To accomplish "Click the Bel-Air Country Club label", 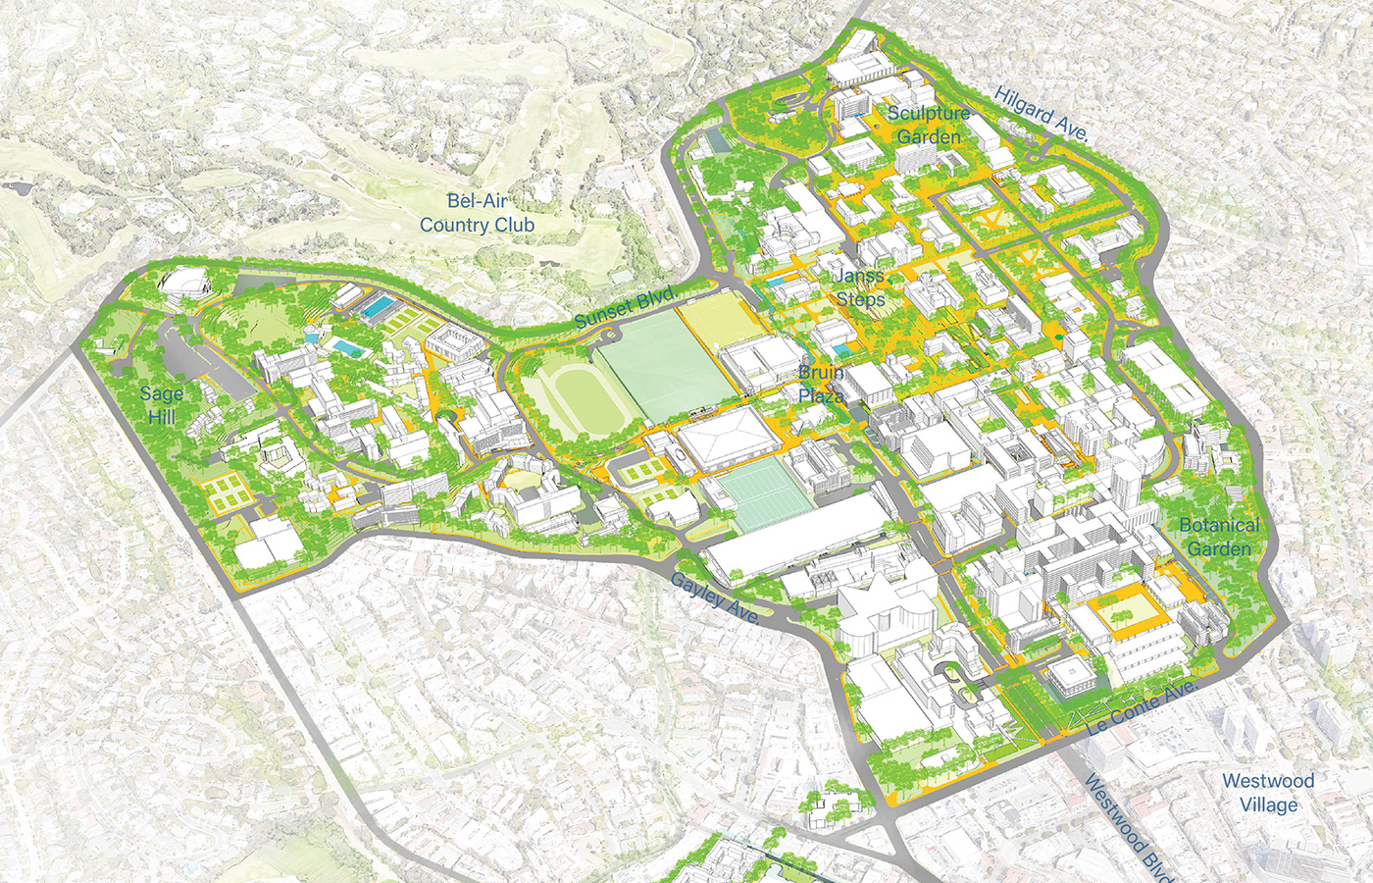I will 477,213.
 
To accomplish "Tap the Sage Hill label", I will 162,405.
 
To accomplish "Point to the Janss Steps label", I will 860,287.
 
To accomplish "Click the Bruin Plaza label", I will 821,384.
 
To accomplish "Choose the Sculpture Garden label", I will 929,125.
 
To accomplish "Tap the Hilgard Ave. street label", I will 1041,114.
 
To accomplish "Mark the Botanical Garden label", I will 1219,537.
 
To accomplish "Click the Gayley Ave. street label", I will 715,597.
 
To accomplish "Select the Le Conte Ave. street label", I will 1142,707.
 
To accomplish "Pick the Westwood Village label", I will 1268,793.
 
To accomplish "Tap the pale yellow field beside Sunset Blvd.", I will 715,324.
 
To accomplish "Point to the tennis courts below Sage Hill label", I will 228,493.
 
